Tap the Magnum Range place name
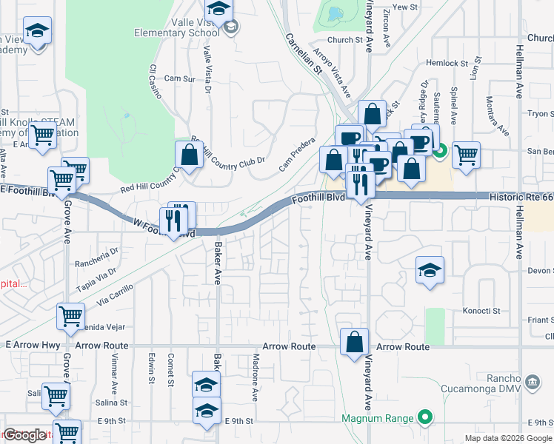376,418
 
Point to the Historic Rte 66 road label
520,196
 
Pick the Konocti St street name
482,310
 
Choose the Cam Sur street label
178,78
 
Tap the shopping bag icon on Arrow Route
354,341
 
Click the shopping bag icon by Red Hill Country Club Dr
189,154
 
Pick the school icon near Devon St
430,270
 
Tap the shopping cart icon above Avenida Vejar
70,315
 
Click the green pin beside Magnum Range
424,418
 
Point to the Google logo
25,435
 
